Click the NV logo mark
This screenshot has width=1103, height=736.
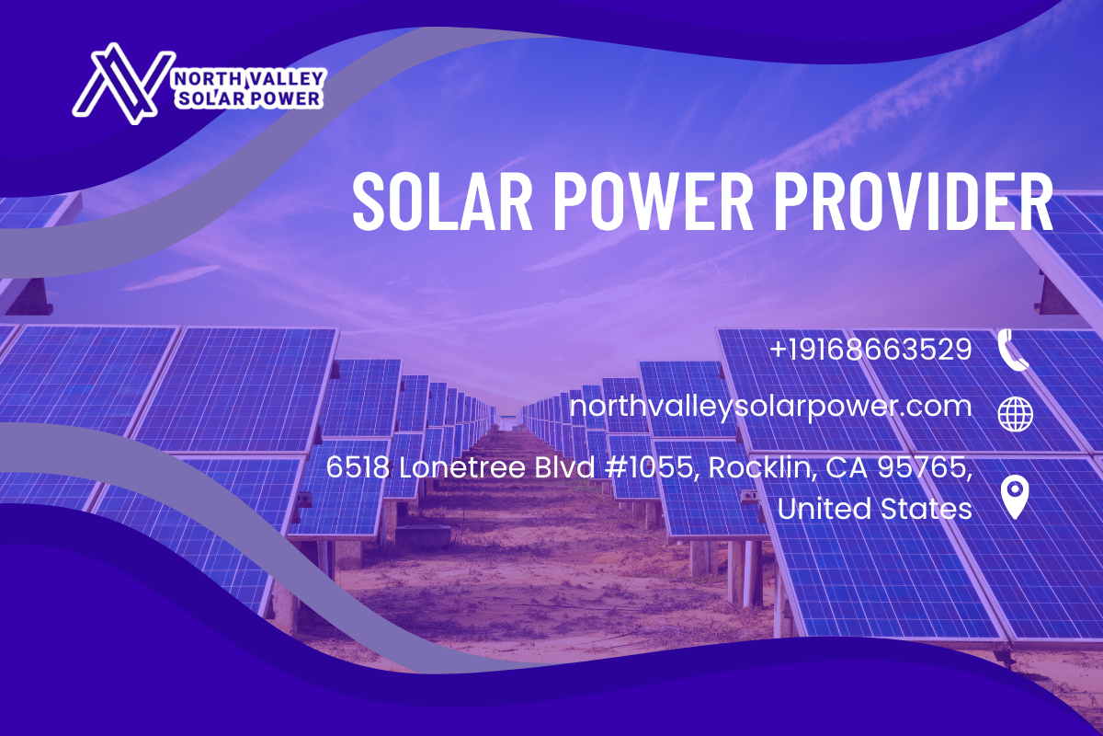pos(123,84)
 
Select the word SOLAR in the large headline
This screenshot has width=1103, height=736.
pos(442,201)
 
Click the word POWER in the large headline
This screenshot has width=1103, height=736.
pos(654,201)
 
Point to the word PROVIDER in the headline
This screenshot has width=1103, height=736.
pos(914,201)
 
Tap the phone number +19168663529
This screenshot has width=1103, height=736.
pos(871,349)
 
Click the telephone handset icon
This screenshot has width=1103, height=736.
pos(1013,349)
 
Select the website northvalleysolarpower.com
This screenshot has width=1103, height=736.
pos(771,408)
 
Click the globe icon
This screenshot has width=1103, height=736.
pos(1016,414)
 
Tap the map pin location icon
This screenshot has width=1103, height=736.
pos(1015,500)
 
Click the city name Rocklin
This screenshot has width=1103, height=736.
pos(762,467)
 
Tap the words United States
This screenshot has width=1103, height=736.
pos(875,508)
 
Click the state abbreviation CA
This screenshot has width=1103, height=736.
pos(847,466)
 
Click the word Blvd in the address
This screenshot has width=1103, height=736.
pos(565,466)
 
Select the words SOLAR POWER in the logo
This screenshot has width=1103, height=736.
pos(249,98)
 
